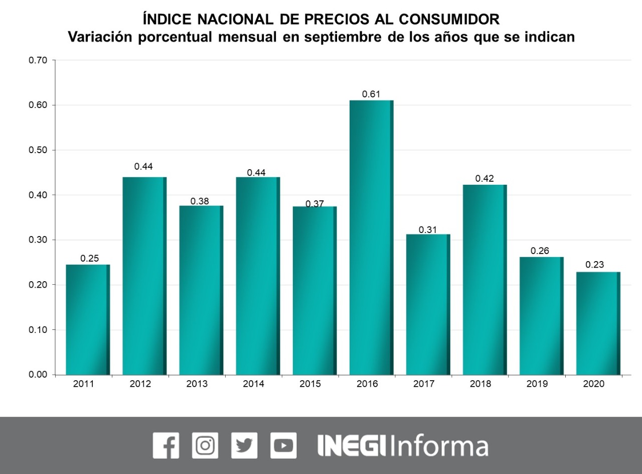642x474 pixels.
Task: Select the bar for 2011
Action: coord(88,319)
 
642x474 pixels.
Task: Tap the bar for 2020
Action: coord(598,323)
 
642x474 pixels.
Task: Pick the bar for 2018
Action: coord(485,280)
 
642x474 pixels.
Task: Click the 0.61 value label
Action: coord(371,94)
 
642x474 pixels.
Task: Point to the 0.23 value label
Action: coord(595,265)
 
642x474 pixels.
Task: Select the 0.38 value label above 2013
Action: coord(200,201)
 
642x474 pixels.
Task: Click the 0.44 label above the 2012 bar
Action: coord(143,166)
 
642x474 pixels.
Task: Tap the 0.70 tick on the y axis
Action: coord(38,60)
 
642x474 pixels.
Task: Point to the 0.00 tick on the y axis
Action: coord(38,375)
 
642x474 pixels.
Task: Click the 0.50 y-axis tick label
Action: coord(38,150)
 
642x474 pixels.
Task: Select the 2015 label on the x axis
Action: coord(310,384)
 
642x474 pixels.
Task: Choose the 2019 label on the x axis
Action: coord(537,384)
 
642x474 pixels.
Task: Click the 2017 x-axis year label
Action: coord(424,384)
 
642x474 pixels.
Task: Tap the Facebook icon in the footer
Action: coord(166,445)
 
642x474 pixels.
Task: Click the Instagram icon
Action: coord(205,445)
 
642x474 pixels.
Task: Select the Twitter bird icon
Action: coord(244,445)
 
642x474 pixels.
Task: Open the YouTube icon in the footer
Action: coord(283,445)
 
